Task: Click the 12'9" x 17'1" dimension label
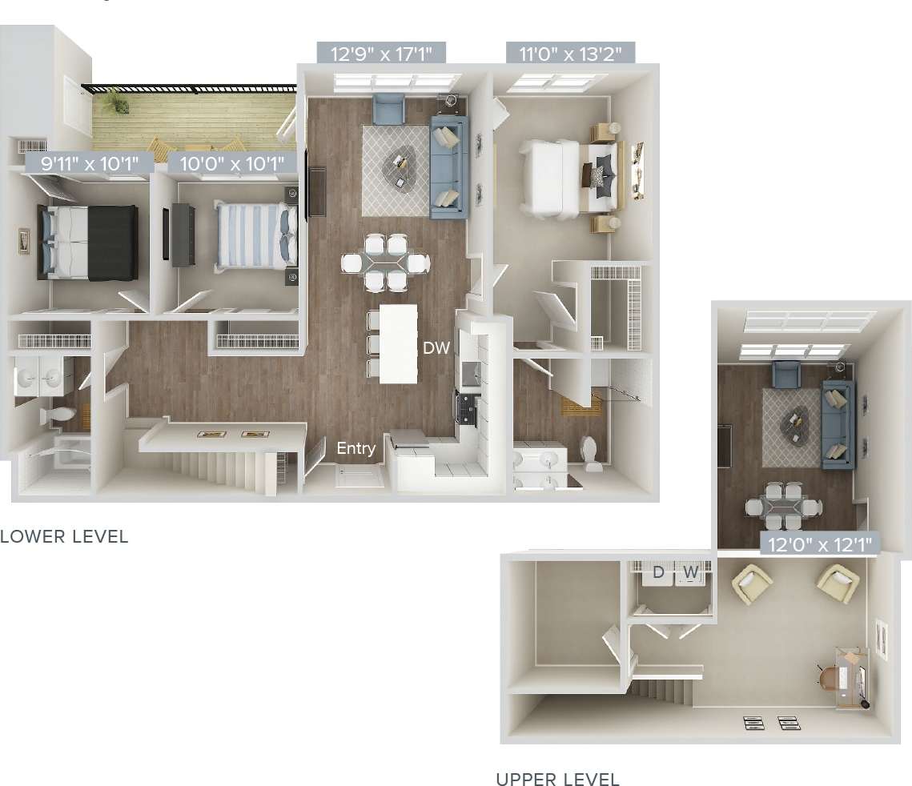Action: tap(380, 54)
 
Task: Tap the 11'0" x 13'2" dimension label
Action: tap(571, 54)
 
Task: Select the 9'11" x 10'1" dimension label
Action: tap(88, 164)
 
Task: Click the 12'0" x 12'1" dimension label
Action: tap(820, 545)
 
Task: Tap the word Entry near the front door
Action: tap(356, 448)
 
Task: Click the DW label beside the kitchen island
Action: tap(436, 348)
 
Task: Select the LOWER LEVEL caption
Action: tap(64, 536)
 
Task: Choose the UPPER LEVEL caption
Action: tap(557, 779)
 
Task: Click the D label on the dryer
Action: tap(658, 572)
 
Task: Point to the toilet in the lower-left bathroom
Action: tap(61, 415)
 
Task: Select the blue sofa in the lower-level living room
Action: tap(448, 166)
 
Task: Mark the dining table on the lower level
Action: tap(386, 262)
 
